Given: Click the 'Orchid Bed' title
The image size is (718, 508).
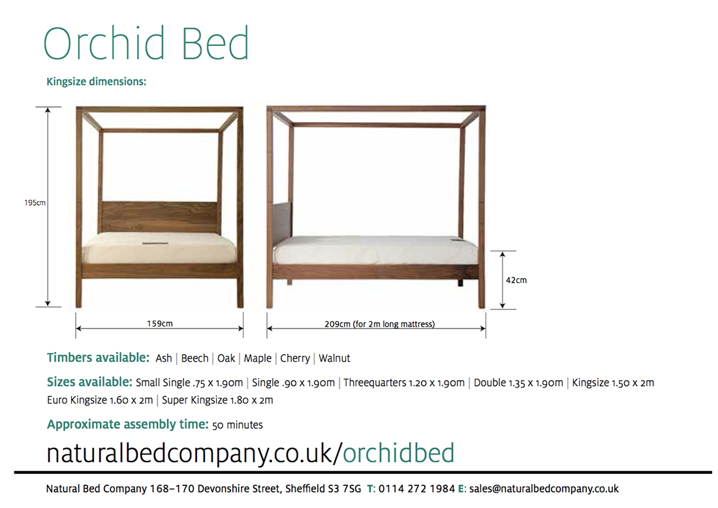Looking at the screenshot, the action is pos(146,44).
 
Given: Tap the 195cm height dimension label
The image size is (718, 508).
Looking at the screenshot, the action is pos(35,202).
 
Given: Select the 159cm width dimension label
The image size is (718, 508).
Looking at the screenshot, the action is pos(160,323).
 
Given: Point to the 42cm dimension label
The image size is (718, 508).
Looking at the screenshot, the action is pos(516,280).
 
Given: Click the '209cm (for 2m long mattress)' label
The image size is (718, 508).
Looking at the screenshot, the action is pos(380,324).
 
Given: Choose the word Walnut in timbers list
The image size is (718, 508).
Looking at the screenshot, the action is pos(334,358).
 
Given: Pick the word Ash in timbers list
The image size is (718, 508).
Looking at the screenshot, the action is pos(164,358).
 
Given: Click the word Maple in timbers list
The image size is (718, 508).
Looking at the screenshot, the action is pos(257,358).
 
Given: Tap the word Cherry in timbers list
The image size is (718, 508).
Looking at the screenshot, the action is pos(295,358).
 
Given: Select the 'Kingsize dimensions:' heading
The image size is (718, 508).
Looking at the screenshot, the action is pos(96,82).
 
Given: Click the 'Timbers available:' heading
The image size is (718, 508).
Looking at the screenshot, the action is pos(98,358).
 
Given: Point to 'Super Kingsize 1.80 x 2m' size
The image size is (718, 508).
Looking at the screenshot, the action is pos(217,400).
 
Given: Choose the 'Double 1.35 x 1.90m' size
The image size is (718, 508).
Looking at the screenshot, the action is pos(518,383).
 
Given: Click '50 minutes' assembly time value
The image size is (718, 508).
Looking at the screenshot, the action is pos(238,425).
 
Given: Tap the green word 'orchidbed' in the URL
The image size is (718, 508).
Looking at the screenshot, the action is pos(398,453).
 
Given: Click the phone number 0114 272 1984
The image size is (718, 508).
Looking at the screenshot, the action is pos(416,489).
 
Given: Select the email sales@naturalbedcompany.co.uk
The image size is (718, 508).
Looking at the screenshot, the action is pos(544,489).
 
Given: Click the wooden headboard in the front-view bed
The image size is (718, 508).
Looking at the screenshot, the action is pos(159,217).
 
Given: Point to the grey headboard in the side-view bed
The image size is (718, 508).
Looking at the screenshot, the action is pos(282,220).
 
